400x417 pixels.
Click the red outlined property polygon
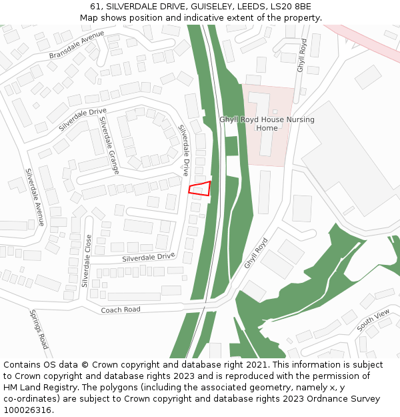click(x=200, y=189)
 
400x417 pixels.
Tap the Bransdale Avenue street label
click(x=77, y=45)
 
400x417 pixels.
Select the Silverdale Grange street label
click(x=109, y=145)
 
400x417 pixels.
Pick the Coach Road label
click(x=121, y=310)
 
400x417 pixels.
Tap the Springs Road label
click(x=39, y=329)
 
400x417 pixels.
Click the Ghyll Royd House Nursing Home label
click(x=267, y=123)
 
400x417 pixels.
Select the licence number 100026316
click(x=27, y=410)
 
